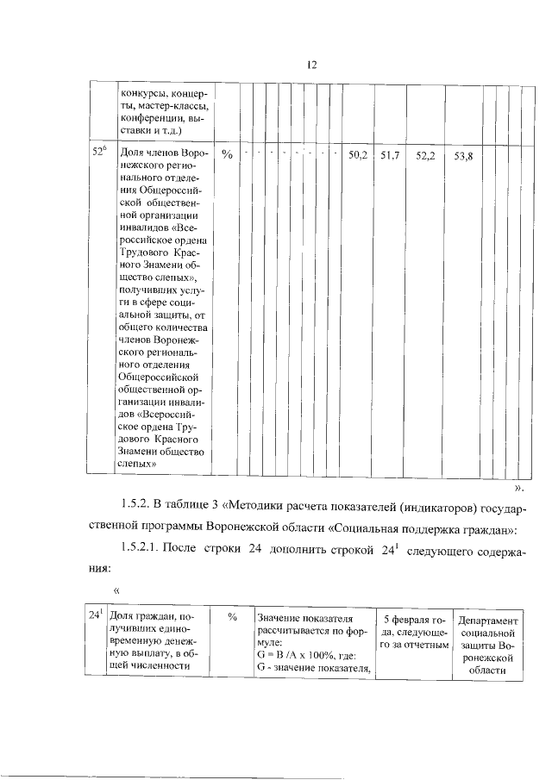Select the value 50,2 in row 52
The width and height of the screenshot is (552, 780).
point(357,155)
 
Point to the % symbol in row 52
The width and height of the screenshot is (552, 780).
point(228,155)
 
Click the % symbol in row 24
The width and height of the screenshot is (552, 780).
point(233,618)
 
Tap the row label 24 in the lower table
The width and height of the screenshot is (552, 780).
point(97,615)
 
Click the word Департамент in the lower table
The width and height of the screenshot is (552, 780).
point(489,621)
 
